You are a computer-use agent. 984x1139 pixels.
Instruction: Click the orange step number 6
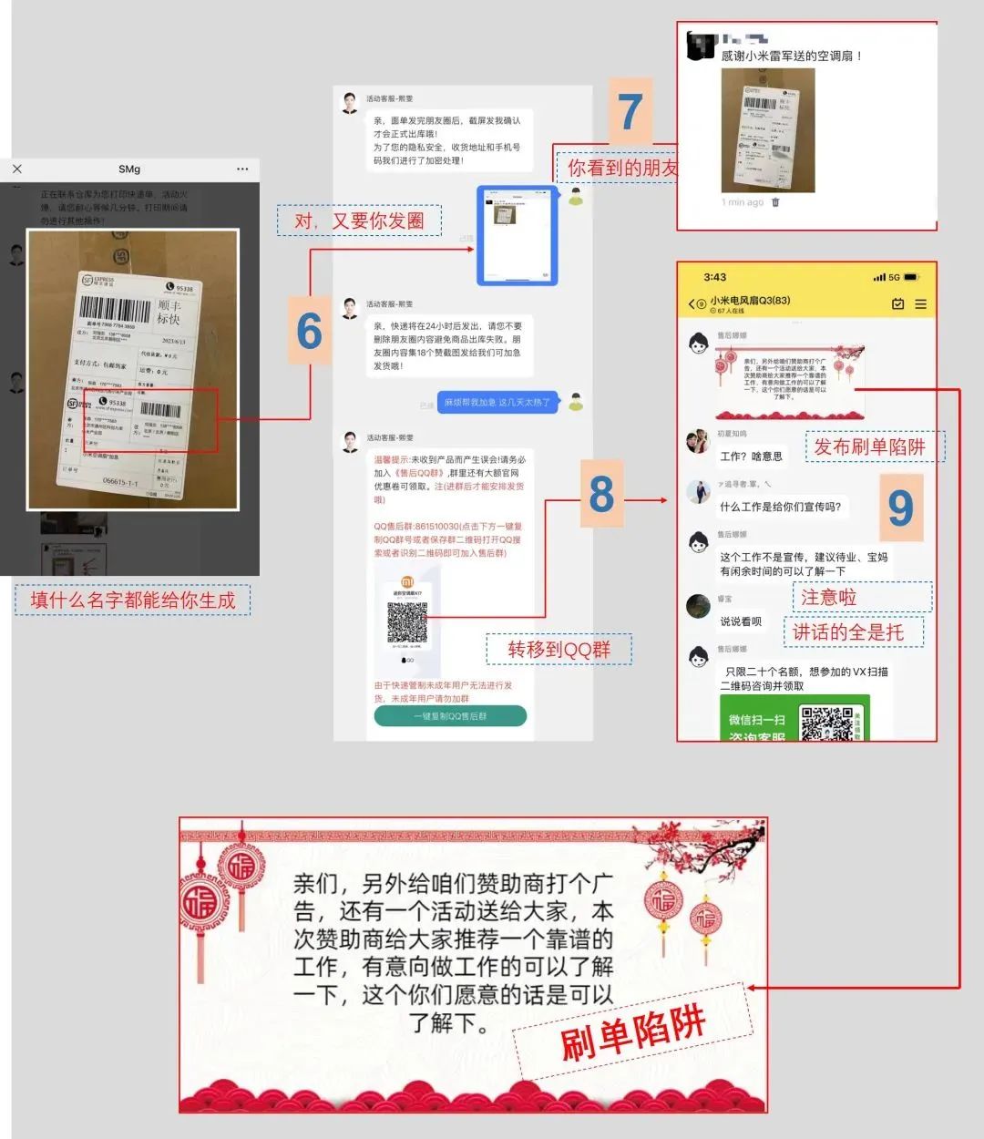310,330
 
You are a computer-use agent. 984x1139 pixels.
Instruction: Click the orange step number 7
630,112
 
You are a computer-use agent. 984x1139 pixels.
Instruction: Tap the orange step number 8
601,494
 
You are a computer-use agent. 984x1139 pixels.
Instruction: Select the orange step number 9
899,507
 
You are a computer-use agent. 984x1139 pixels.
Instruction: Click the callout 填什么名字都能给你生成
133,600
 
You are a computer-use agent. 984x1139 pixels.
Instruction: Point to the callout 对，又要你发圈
359,221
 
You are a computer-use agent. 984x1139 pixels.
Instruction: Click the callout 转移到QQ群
559,650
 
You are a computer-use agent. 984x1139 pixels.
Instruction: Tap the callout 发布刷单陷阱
868,446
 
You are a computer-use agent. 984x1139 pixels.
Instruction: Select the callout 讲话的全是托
847,631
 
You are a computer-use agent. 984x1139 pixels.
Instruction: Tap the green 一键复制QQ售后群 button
450,716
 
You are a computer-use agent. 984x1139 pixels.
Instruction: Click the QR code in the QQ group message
407,621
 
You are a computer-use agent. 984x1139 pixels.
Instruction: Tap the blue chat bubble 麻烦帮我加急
497,402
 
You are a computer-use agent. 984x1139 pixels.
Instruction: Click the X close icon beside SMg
17,169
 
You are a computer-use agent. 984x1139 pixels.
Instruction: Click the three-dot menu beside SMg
241,169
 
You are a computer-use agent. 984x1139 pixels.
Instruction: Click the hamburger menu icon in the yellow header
920,303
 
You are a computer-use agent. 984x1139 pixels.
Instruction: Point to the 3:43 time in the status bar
715,277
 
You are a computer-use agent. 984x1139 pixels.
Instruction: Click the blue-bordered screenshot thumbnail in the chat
518,235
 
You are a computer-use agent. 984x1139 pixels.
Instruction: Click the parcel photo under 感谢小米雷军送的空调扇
768,129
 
